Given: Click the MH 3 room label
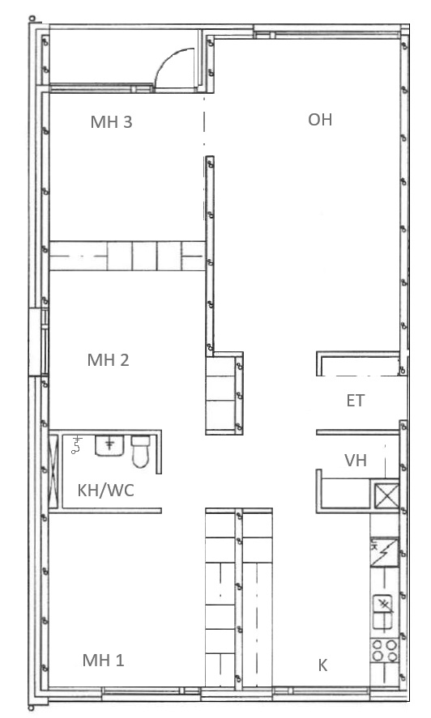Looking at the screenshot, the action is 112,121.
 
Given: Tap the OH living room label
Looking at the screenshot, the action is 320,120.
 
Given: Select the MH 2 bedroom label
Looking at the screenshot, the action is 109,360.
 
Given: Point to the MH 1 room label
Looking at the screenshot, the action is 103,661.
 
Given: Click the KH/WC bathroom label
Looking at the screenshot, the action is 106,491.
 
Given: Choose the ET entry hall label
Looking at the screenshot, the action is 356,401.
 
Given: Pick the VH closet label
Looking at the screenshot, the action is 356,460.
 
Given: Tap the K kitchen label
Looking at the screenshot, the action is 322,665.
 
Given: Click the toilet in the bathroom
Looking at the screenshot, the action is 140,452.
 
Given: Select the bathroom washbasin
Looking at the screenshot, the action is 109,445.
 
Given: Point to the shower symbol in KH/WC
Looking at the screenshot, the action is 77,445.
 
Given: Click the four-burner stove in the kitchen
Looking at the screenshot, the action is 384,651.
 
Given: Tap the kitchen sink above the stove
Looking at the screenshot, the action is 383,611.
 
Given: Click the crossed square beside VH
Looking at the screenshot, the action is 386,495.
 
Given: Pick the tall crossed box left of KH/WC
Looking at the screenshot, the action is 53,472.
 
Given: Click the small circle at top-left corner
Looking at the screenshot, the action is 32,19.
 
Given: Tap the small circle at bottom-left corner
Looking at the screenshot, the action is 31,708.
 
